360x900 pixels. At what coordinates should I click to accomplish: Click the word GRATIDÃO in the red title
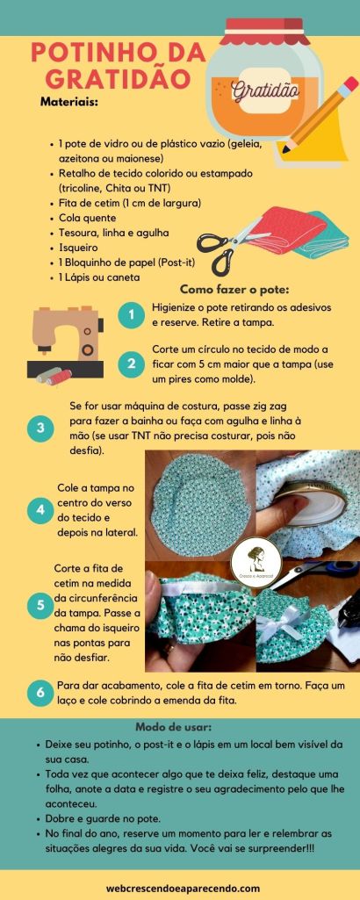[x=118, y=78]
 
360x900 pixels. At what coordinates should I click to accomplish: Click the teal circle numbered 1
[x=132, y=314]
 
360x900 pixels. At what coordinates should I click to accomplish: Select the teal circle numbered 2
[x=132, y=364]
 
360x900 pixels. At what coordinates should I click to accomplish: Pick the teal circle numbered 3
[x=40, y=428]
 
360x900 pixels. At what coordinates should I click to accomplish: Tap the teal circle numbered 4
[x=40, y=509]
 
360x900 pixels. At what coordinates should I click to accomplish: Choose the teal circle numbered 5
[x=40, y=606]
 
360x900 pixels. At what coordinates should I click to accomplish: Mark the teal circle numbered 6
[x=40, y=693]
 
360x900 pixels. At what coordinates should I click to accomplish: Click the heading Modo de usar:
[x=173, y=727]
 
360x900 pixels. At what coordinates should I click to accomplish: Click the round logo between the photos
[x=256, y=559]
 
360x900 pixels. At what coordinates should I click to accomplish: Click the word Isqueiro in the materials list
[x=78, y=248]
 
